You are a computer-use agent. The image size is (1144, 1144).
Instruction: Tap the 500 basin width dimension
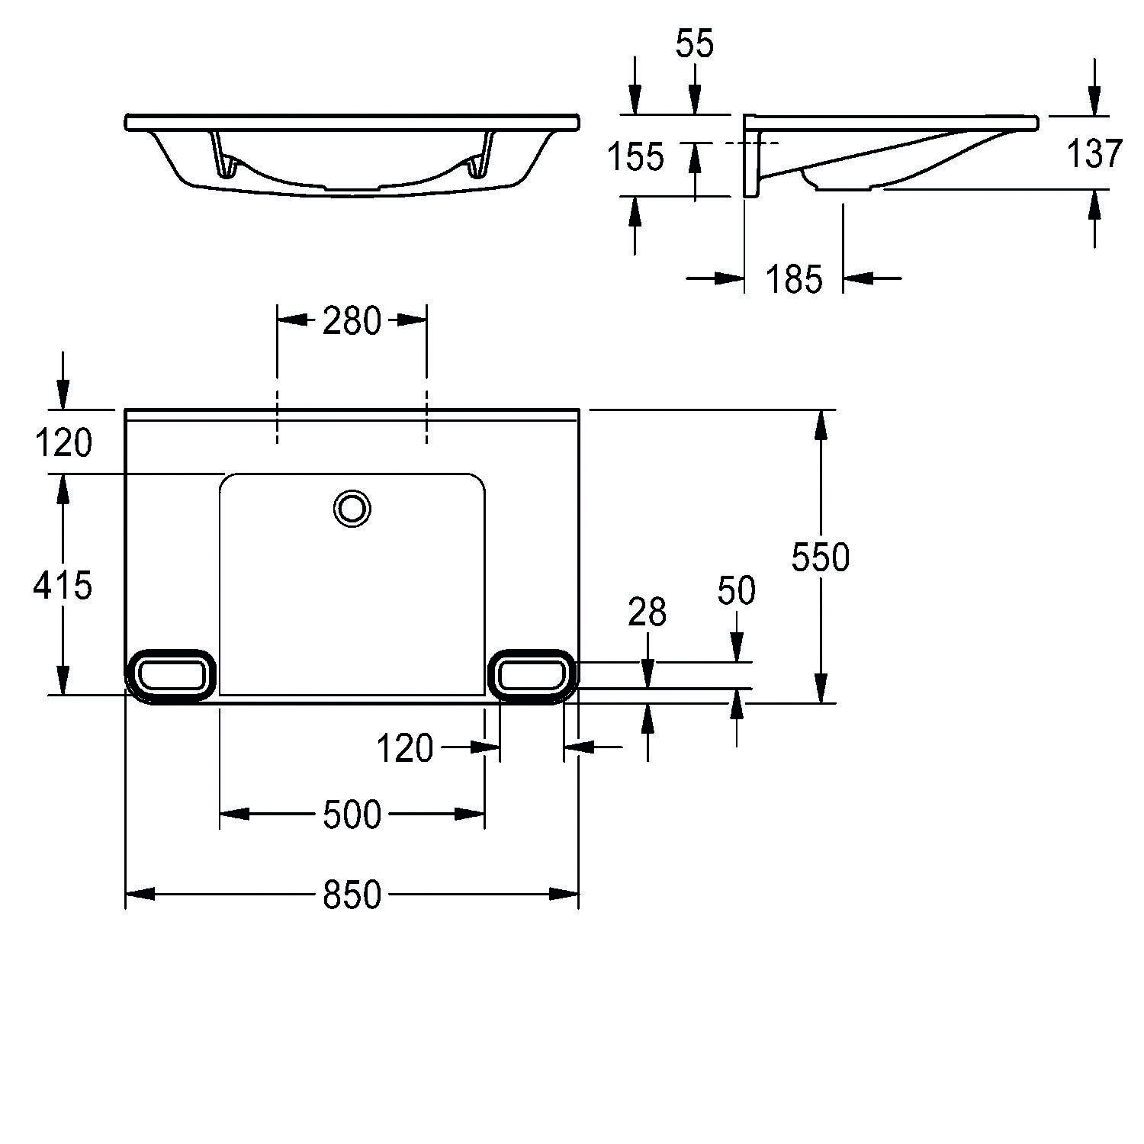(x=352, y=814)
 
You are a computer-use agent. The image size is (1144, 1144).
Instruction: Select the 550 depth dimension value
(x=820, y=558)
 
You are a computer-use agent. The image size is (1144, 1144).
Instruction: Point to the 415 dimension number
(x=63, y=585)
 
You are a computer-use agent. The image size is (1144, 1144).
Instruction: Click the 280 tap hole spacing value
(x=351, y=320)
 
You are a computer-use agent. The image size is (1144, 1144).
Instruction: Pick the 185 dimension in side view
(x=794, y=279)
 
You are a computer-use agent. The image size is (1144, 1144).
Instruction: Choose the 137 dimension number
(x=1094, y=154)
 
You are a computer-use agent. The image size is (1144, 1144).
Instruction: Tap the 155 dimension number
(x=635, y=157)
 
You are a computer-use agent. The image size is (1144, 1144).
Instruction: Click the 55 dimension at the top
(x=694, y=45)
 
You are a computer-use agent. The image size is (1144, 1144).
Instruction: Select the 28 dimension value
(x=647, y=612)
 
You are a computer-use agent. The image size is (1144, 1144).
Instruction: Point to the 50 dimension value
(x=736, y=590)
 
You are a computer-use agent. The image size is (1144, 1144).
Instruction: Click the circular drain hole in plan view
(x=352, y=508)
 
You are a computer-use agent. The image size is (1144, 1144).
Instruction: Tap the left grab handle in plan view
(x=170, y=676)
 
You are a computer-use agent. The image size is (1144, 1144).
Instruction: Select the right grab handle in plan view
(x=532, y=676)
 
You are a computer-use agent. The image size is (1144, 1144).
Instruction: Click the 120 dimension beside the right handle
(x=405, y=748)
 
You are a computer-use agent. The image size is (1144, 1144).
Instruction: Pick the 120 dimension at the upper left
(x=63, y=442)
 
